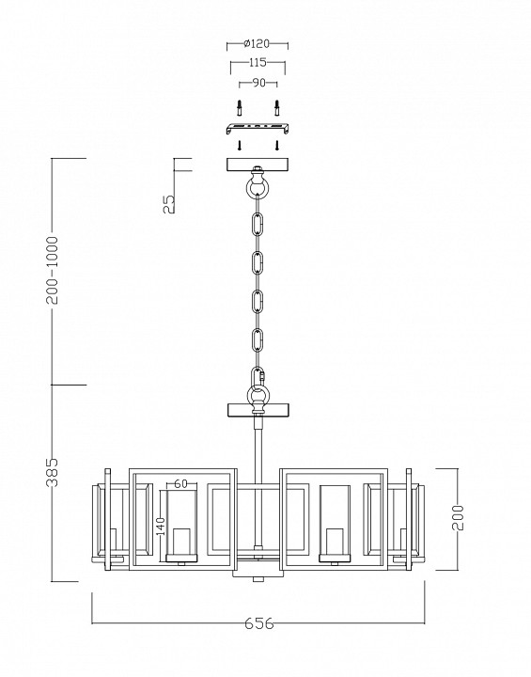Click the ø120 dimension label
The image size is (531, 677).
point(258,43)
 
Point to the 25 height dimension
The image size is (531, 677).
point(168,203)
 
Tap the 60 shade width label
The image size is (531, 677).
point(180,484)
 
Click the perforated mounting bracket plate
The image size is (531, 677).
point(258,127)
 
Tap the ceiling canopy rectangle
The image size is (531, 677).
point(258,165)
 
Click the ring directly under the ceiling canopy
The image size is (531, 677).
point(258,188)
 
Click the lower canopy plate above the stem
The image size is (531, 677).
point(258,411)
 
